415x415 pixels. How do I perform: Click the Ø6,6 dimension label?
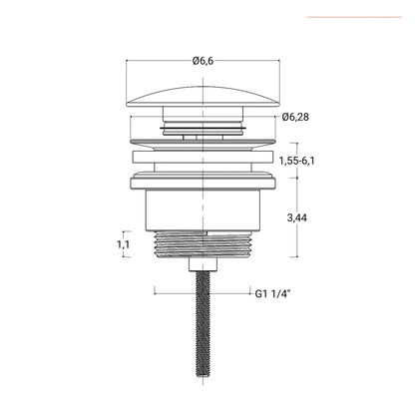(203, 61)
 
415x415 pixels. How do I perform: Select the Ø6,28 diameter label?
(295, 117)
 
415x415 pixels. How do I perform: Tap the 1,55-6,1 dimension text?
(296, 161)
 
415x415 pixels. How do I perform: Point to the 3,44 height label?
(297, 218)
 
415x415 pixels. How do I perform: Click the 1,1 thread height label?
(123, 244)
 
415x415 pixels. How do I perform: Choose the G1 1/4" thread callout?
(273, 293)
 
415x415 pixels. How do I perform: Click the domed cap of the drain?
(203, 97)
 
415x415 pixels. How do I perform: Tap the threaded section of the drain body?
(203, 244)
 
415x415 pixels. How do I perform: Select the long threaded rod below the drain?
(203, 327)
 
